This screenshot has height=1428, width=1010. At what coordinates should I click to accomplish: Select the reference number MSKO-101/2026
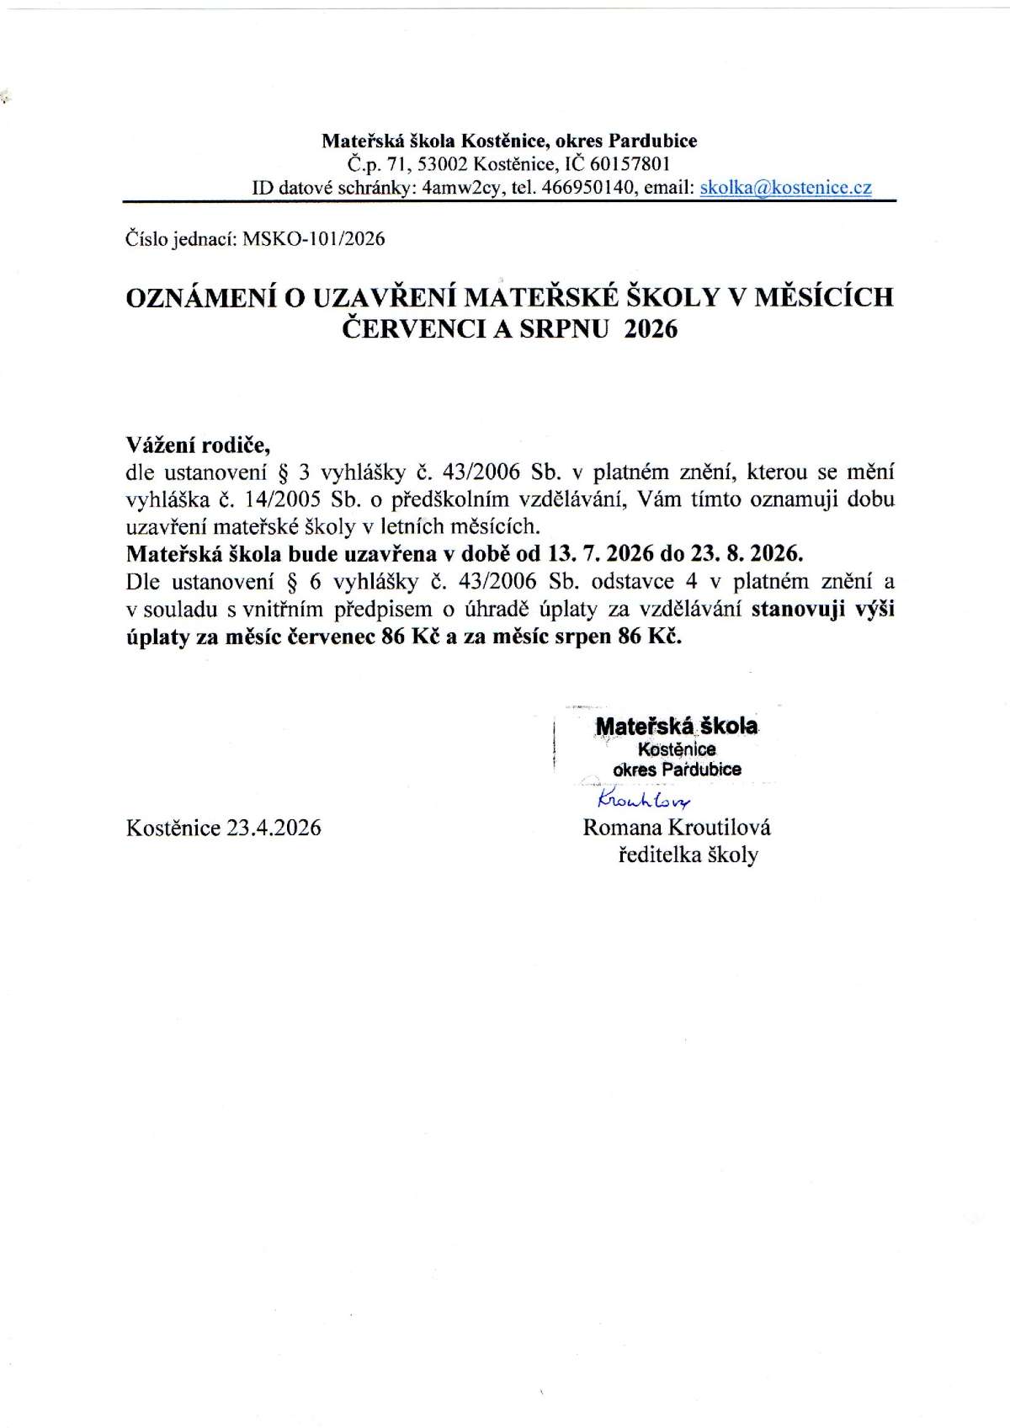point(313,239)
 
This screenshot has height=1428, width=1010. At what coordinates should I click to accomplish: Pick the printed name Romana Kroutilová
point(677,827)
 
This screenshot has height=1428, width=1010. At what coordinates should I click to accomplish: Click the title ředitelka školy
point(688,855)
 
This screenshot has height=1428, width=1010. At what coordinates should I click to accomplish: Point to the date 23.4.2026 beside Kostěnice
point(274,827)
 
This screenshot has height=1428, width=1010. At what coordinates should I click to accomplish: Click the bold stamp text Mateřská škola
point(677,725)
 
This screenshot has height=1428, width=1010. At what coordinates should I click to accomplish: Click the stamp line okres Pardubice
point(678,769)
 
